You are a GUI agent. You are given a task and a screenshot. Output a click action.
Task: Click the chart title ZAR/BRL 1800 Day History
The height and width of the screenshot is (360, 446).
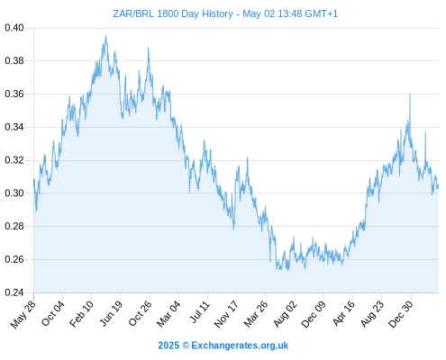[173, 13]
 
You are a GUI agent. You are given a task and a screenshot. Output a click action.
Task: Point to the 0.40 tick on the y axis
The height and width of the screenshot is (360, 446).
[14, 28]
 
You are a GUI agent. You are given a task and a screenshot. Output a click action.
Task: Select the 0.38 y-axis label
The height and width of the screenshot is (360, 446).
[14, 61]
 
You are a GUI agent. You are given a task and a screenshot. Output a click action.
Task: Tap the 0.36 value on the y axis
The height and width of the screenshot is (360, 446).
[14, 94]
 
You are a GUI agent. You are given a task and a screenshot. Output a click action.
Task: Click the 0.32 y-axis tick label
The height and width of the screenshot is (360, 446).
[14, 160]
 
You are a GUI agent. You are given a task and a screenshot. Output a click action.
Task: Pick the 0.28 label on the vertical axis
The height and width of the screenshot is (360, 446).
[14, 226]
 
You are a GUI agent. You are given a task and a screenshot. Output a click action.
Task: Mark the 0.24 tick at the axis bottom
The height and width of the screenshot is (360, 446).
[14, 292]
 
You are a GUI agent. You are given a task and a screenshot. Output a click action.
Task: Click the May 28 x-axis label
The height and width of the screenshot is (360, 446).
[23, 314]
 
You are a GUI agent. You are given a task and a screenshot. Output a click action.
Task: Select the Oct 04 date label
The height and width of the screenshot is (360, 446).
[53, 313]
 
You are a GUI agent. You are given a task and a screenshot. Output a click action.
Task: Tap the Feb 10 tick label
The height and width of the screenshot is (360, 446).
[82, 313]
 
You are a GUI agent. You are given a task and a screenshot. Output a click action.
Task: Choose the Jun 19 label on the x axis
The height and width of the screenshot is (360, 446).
[111, 313]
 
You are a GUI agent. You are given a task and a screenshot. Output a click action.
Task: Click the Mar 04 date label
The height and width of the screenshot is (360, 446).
[168, 313]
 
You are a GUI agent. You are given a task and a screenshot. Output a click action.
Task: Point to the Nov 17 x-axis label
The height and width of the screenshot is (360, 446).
[226, 314]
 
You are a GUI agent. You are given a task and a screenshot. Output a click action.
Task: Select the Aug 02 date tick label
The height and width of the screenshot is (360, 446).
[286, 314]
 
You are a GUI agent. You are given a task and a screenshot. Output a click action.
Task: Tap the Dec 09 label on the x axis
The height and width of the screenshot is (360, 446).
[314, 314]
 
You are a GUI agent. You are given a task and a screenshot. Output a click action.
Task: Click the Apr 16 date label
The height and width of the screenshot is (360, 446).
[343, 313]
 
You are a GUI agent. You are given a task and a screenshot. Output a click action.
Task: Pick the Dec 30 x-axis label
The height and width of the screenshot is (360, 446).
[401, 314]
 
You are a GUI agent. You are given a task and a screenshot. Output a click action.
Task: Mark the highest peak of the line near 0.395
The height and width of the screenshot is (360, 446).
[105, 35]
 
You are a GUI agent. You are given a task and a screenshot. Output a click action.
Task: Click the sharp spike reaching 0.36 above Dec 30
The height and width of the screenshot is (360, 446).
[410, 94]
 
